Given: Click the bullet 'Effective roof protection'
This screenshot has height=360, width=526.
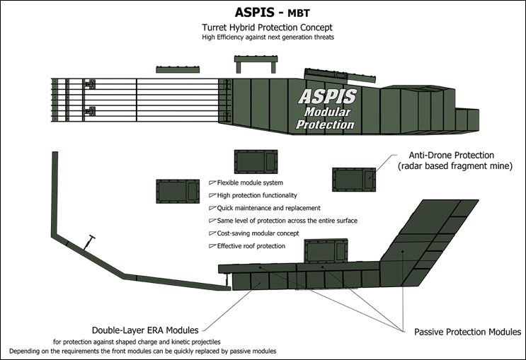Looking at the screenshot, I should pyautogui.click(x=251, y=246).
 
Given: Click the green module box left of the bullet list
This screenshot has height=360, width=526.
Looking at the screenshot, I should pyautogui.click(x=175, y=192).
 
